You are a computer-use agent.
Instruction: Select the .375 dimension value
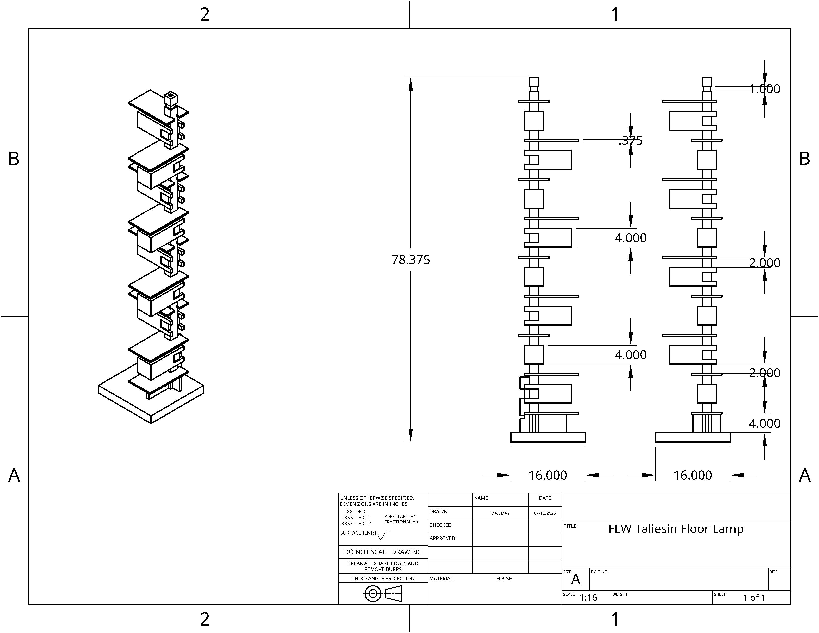(631, 141)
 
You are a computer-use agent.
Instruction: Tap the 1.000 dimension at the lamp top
(764, 89)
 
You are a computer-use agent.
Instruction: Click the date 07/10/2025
(545, 513)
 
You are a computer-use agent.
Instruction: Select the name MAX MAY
(500, 513)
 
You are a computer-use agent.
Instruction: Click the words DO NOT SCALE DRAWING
(383, 552)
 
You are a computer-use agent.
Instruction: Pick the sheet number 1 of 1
(754, 597)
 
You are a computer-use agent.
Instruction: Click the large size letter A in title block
(575, 580)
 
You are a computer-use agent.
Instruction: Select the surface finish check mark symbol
(384, 536)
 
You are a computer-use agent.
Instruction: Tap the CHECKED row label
(440, 525)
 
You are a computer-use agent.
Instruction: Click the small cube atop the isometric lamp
(171, 98)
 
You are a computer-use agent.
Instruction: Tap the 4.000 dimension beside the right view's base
(764, 423)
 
